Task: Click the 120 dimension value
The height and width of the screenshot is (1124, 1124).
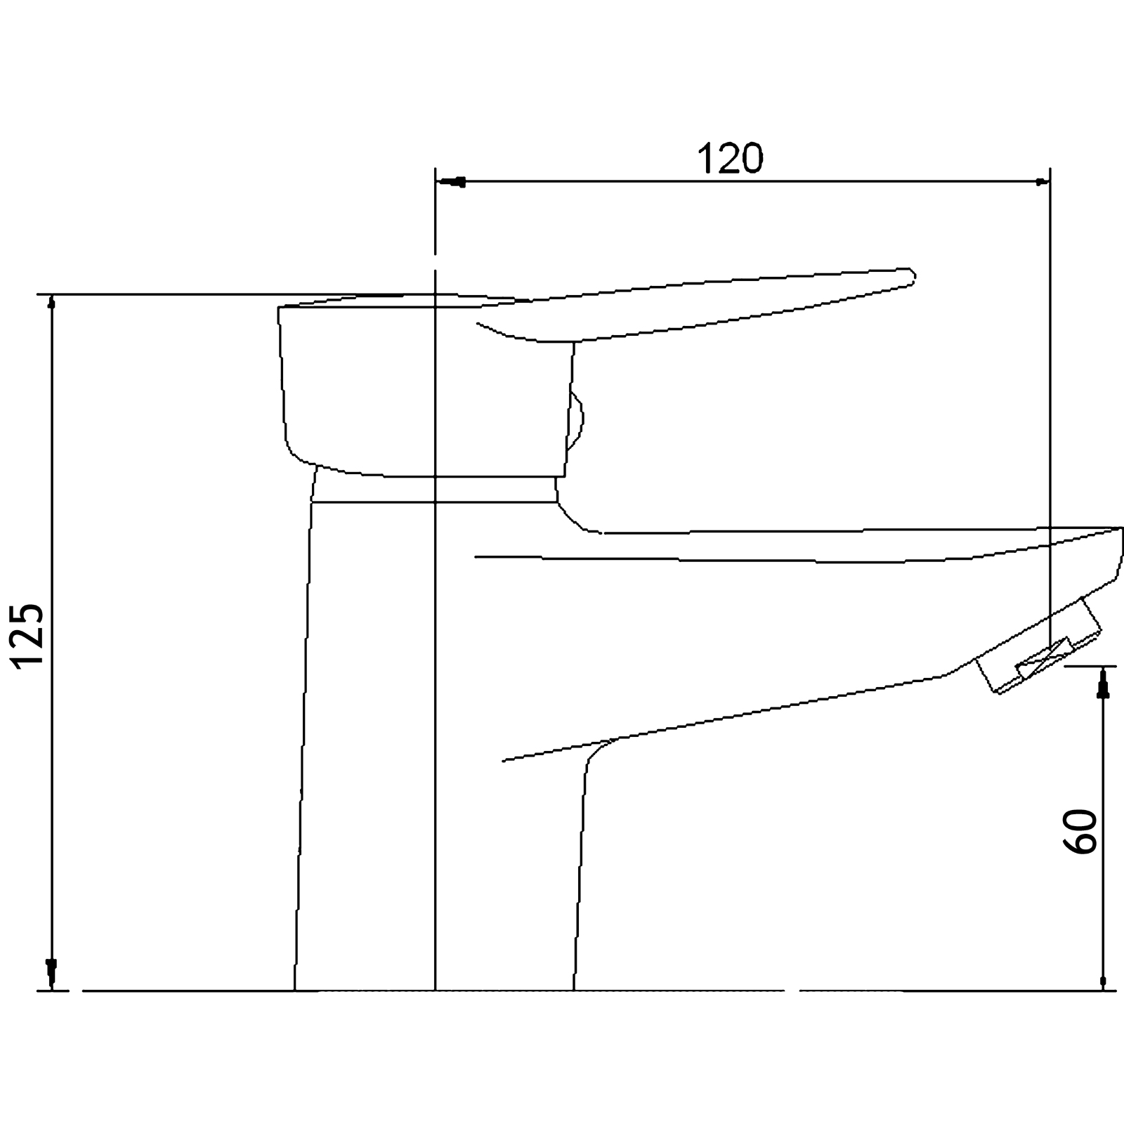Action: coord(729,159)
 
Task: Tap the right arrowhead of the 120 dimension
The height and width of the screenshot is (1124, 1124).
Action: coord(1043,183)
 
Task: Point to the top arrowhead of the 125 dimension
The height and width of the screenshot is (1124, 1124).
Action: coord(51,303)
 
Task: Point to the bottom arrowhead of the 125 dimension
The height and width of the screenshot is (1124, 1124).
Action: coord(51,972)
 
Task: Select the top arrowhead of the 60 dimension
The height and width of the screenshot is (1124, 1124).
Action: coord(1103,684)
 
